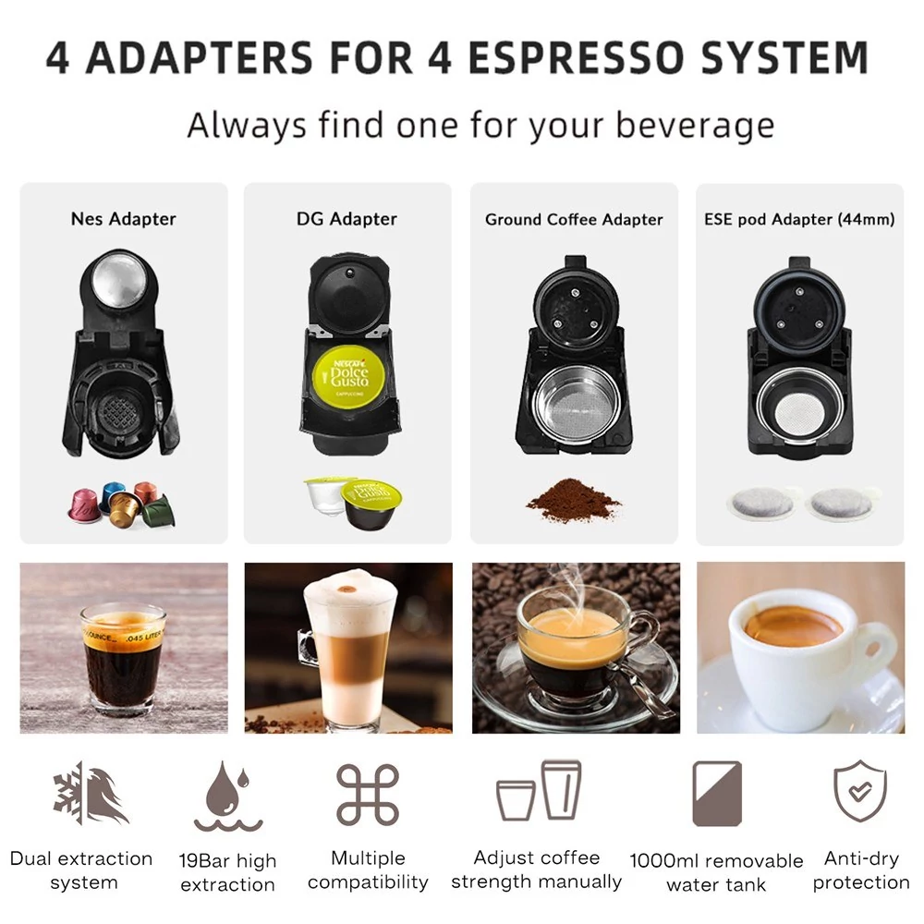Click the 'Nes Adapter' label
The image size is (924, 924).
123,219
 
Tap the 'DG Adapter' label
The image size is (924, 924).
346,219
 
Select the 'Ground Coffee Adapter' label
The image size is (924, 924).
574,220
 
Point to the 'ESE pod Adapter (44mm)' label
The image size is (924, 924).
799,220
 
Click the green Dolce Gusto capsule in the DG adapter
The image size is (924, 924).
348,373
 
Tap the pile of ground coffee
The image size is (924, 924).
573,500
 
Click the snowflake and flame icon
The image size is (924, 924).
91,793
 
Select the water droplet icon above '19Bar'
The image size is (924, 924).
228,796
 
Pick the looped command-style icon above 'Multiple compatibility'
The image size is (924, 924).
368,794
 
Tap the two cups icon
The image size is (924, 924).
539,791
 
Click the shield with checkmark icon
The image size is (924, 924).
859,790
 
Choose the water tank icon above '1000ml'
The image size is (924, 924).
717,793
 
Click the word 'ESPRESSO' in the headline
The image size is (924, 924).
577,57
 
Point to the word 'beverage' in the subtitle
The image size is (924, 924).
695,126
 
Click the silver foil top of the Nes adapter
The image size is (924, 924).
118,282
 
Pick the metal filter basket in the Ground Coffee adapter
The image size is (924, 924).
575,404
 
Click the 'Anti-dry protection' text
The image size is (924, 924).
861,869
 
